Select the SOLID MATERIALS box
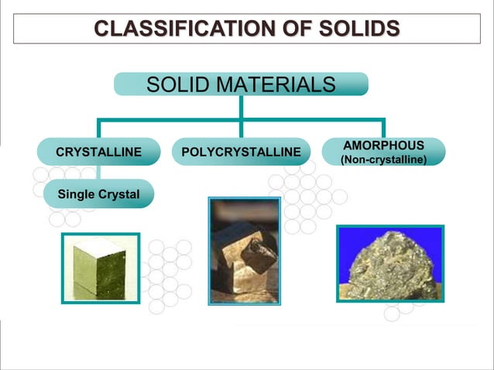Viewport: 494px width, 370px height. (x=241, y=84)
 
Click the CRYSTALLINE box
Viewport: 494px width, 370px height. (x=98, y=152)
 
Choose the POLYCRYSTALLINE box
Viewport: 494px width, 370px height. (x=241, y=152)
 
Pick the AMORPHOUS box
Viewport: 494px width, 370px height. (x=383, y=152)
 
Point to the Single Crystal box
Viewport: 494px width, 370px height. (x=98, y=194)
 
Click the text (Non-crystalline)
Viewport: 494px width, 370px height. (x=383, y=160)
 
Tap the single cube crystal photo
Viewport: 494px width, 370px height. (x=101, y=268)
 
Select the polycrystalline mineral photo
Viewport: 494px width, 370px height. (x=245, y=250)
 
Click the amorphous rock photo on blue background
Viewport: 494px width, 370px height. (x=390, y=263)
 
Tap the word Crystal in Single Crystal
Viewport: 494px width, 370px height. (x=118, y=194)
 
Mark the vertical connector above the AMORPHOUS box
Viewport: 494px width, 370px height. (x=383, y=128)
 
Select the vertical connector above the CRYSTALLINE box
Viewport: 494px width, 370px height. (x=98, y=128)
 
